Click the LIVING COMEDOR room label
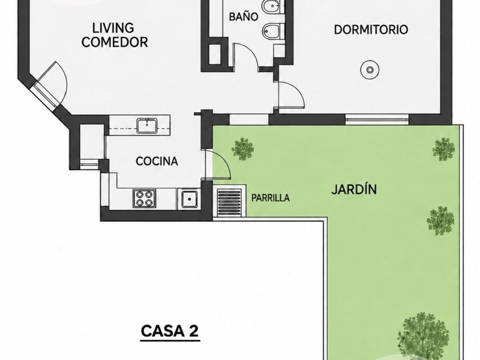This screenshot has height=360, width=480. click(114, 35)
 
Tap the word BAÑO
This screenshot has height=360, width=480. click(243, 17)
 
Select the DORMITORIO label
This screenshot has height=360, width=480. click(371, 30)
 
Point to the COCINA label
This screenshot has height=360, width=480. click(157, 161)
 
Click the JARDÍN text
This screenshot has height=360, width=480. click(354, 189)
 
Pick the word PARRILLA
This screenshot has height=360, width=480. click(270, 198)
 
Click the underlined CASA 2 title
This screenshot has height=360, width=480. click(170, 331)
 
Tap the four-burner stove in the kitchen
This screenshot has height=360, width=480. click(144, 198)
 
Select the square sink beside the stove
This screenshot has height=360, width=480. click(189, 199)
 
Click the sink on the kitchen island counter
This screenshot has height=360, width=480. click(147, 126)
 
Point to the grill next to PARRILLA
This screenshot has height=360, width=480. click(229, 202)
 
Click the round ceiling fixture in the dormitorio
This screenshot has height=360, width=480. click(370, 70)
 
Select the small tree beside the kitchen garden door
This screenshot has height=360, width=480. click(242, 149)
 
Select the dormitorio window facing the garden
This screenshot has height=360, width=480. click(377, 119)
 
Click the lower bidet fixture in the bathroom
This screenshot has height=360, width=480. click(272, 31)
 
